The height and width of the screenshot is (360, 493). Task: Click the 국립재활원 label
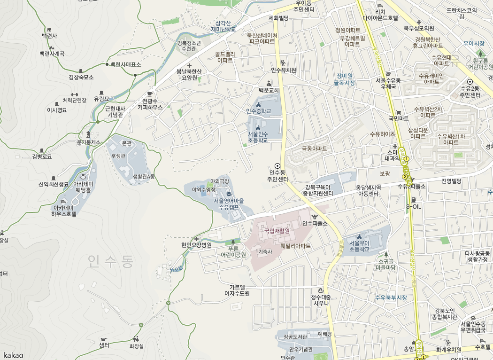pyautogui.click(x=277, y=231)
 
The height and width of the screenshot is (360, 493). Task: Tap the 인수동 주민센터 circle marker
pyautogui.click(x=277, y=166)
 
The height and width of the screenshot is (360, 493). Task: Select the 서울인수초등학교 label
pyautogui.click(x=257, y=137)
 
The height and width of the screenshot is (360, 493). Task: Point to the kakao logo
pyautogui.click(x=13, y=355)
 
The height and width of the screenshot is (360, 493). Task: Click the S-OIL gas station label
pyautogui.click(x=414, y=206)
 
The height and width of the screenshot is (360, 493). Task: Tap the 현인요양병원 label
pyautogui.click(x=196, y=245)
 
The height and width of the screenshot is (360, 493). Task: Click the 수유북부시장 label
pyautogui.click(x=391, y=298)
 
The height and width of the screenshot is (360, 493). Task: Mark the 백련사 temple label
pyautogui.click(x=49, y=36)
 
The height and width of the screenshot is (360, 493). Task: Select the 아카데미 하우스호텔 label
pyautogui.click(x=64, y=210)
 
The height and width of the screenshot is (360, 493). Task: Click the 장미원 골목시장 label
pyautogui.click(x=344, y=79)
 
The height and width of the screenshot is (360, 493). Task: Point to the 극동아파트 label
pyautogui.click(x=314, y=149)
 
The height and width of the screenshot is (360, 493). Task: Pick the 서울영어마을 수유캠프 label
pyautogui.click(x=229, y=203)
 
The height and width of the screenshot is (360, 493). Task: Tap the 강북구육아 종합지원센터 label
pyautogui.click(x=318, y=190)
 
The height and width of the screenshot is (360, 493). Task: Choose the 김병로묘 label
pyautogui.click(x=42, y=157)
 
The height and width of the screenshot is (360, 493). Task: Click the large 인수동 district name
pyautogui.click(x=110, y=260)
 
